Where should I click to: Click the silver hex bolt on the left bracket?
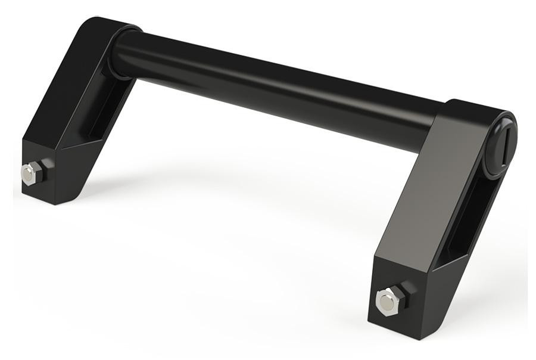[x=29, y=173]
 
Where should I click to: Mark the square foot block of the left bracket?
[x=51, y=173]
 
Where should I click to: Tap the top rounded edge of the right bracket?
[x=476, y=107]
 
